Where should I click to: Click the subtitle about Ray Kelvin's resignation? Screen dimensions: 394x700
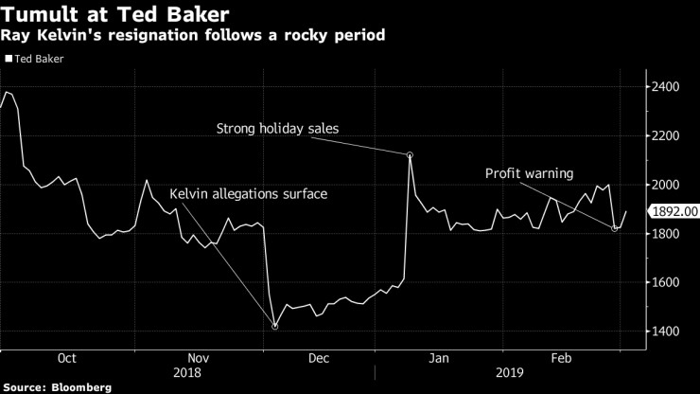186,36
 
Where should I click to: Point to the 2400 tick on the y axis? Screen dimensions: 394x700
668,87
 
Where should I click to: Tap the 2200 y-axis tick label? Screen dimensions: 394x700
668,135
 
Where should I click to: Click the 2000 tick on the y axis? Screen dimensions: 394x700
668,185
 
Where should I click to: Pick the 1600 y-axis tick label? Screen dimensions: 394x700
668,282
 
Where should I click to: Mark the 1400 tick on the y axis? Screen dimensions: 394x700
668,331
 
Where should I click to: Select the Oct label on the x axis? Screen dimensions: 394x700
66,358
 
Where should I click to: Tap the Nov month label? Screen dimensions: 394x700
198,358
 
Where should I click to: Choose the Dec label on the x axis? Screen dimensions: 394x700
319,358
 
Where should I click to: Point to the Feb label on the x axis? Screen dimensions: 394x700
561,358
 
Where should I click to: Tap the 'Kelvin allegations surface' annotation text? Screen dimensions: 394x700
248,194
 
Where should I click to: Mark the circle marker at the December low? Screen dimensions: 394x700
274,327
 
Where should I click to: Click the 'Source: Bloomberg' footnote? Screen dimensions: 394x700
57,387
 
